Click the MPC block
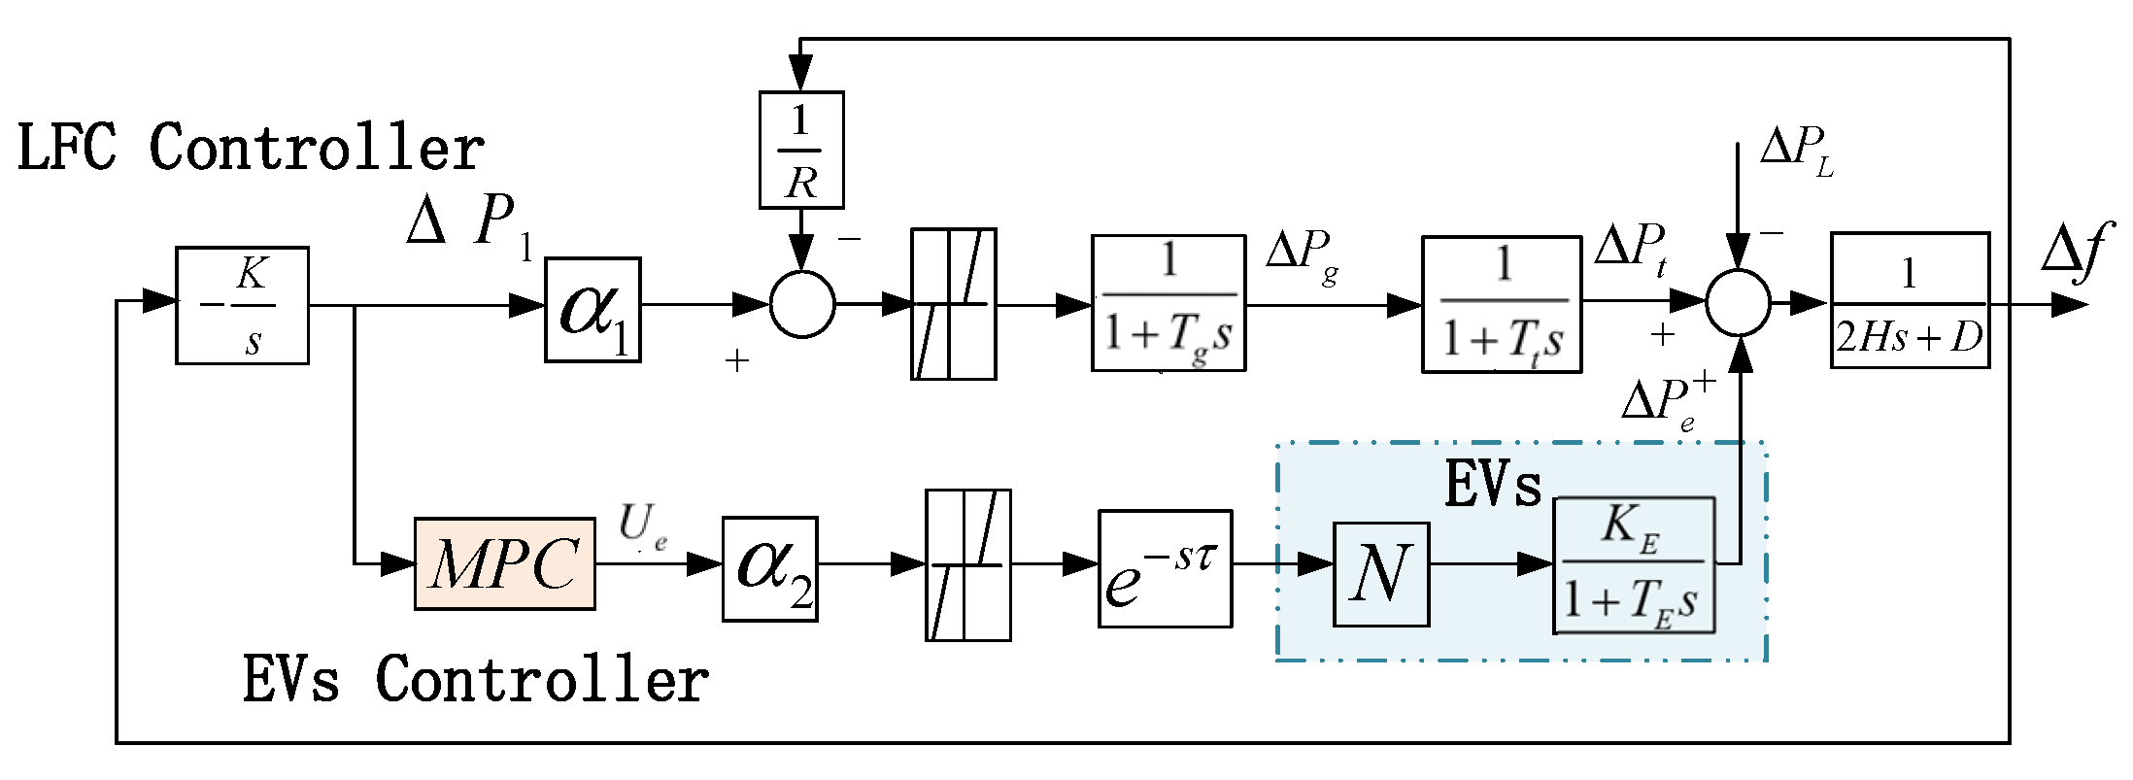coord(504,564)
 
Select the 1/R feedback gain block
coord(801,151)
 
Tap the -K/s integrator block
coord(242,306)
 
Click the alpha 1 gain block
coord(592,310)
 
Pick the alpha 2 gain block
coord(769,569)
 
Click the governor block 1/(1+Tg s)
coord(1168,303)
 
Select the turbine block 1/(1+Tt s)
coord(1502,305)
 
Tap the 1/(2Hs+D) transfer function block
coord(1910,301)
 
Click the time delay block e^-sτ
coord(1165,569)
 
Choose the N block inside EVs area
coord(1381,574)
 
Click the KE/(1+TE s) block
coord(1634,565)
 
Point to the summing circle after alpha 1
coord(802,305)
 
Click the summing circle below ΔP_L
coord(1739,303)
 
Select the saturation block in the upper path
coord(953,304)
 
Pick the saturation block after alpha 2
coord(967,565)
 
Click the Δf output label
coord(2077,251)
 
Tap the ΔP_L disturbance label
coord(1796,152)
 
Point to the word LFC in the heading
coord(66,148)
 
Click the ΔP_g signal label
coord(1303,255)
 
